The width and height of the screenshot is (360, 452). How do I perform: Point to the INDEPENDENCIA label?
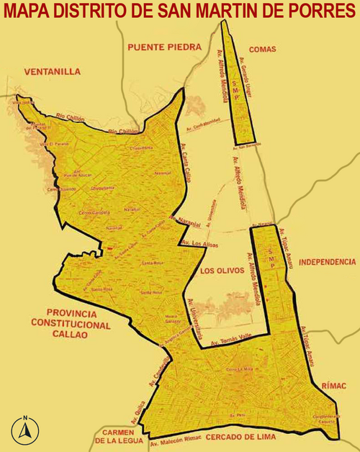(x=327, y=261)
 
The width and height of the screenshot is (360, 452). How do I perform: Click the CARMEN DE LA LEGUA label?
(x=119, y=437)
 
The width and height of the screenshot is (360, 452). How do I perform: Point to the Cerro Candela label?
(x=94, y=212)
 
